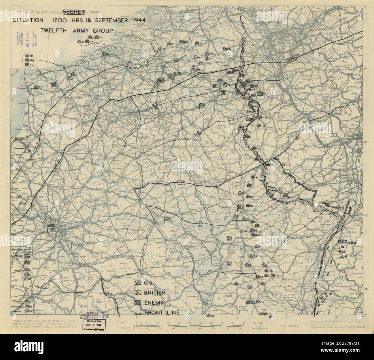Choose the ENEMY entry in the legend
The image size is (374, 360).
(154, 303)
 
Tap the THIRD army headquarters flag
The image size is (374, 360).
(168, 220)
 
